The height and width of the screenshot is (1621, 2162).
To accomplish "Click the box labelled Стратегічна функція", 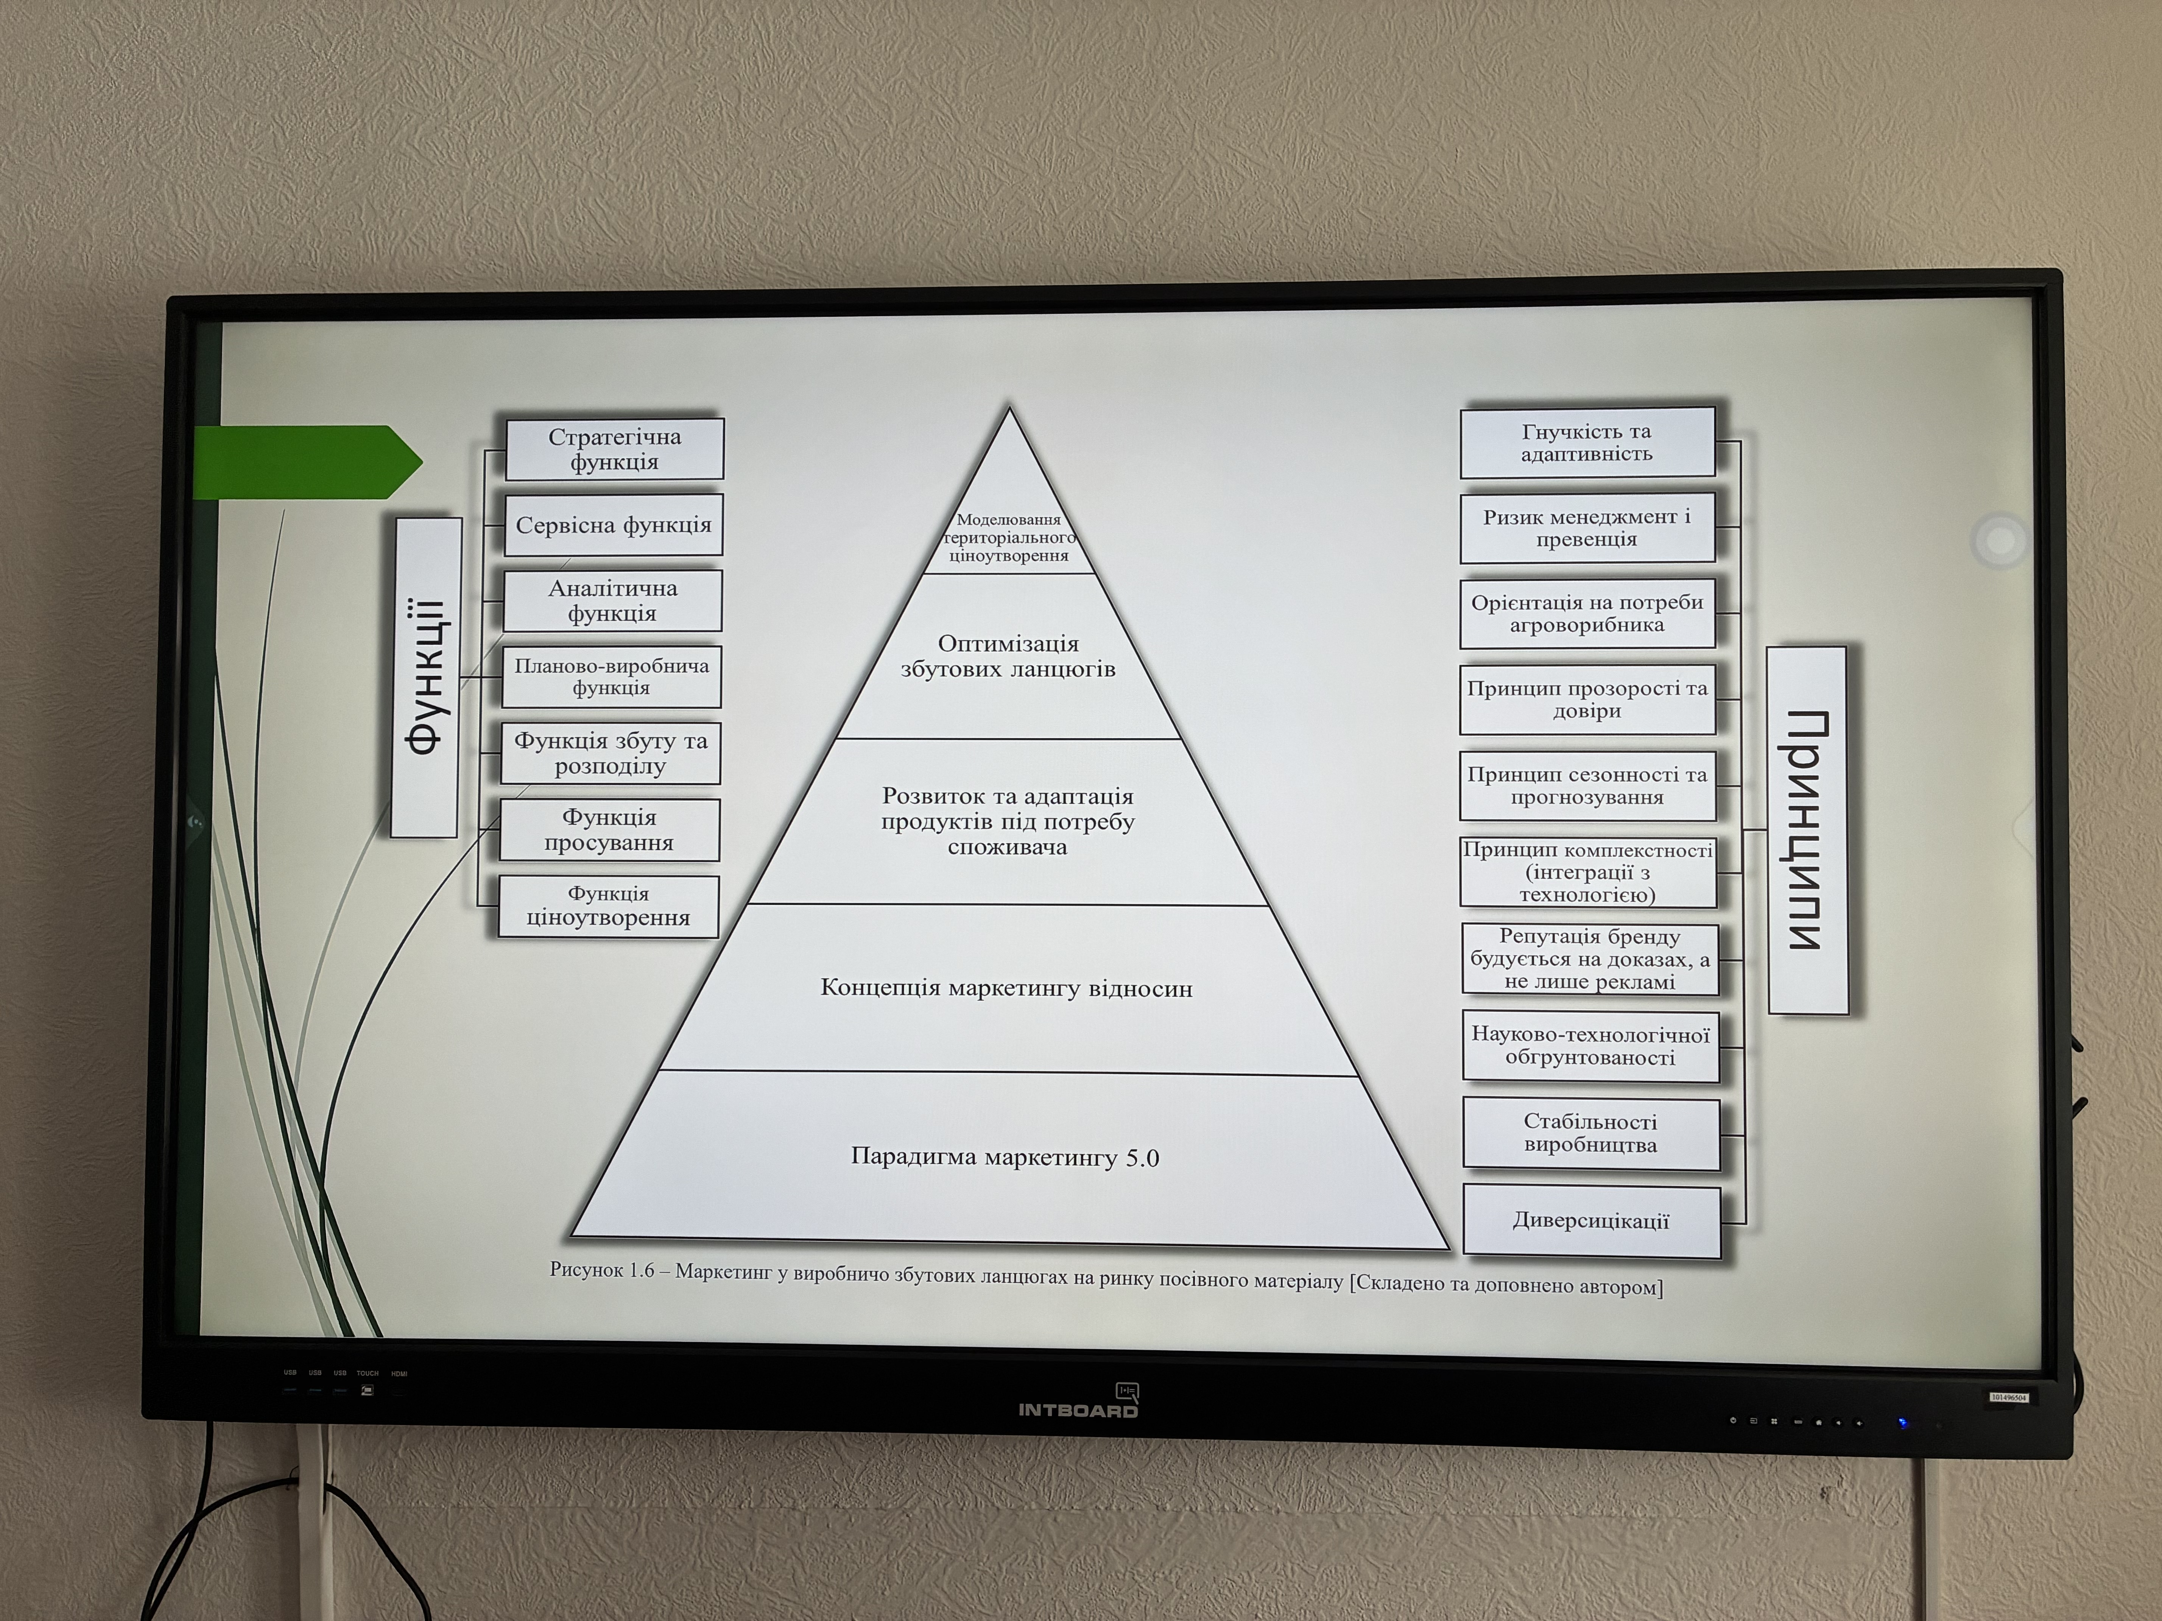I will [614, 450].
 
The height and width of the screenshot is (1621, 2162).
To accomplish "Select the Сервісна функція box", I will [613, 526].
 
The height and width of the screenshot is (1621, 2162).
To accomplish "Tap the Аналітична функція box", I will [612, 601].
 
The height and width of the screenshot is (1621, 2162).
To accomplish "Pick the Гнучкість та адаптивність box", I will [1586, 443].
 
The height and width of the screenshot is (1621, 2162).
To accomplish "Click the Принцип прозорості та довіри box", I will [1587, 700].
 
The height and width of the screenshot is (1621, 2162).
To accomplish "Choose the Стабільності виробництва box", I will [1590, 1133].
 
